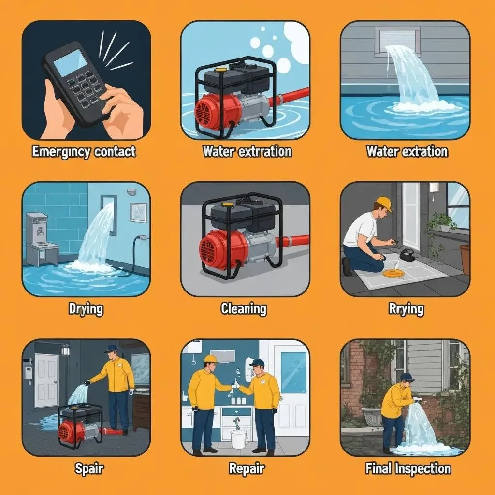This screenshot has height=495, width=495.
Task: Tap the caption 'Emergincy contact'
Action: [84, 152]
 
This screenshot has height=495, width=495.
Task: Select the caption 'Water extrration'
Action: [247, 151]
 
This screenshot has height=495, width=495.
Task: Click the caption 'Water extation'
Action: [407, 151]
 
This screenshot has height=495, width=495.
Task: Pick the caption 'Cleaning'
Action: [244, 308]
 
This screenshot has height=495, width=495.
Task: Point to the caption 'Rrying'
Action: [406, 309]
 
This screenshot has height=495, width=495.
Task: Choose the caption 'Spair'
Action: [89, 468]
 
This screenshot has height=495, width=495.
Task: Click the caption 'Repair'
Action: [246, 468]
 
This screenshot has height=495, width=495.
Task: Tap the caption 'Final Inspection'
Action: [408, 468]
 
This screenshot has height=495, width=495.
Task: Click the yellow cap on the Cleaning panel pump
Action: [226, 204]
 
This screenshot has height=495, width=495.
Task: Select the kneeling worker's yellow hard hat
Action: [384, 204]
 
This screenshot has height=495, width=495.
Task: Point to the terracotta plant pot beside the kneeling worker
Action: [464, 259]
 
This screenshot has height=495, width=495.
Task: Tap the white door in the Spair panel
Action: [46, 380]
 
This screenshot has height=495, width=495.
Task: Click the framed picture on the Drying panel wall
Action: [138, 213]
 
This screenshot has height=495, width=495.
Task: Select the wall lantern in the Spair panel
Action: [65, 350]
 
